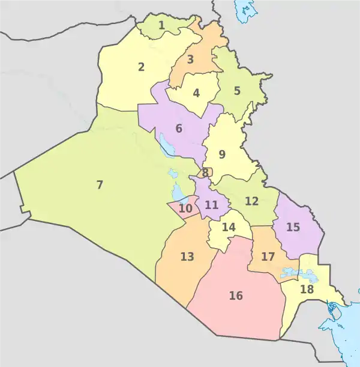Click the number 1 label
click(162, 25)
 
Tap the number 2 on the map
click(141, 67)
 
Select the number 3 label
click(190, 59)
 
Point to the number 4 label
click(196, 93)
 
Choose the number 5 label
click(237, 91)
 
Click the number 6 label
click(179, 128)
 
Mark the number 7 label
click(100, 184)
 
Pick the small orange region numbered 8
click(205, 173)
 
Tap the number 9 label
click(222, 154)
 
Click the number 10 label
click(185, 209)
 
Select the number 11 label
click(211, 205)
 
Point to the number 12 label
click(251, 201)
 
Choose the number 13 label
click(187, 256)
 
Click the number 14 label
click(229, 228)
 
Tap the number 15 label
click(293, 227)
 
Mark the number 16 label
click(236, 296)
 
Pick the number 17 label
click(268, 256)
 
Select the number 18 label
click(307, 289)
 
